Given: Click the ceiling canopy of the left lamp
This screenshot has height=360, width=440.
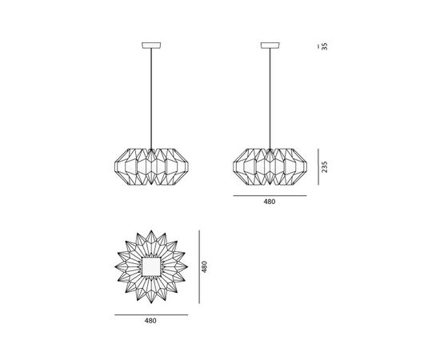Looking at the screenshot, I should (150, 44).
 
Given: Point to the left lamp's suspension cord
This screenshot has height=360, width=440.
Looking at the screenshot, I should (150, 96).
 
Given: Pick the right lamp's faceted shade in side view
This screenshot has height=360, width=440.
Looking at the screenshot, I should (269, 166).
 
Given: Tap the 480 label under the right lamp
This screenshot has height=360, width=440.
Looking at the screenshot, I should (269, 202).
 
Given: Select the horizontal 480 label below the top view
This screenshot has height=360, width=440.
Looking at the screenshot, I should (150, 321).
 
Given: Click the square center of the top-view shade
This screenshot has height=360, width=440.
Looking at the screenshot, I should (150, 265).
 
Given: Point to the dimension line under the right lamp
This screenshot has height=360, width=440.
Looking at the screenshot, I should (269, 194).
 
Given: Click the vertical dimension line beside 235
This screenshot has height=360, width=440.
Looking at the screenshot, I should (318, 166).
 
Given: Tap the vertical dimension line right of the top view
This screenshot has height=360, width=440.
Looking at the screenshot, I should (198, 265).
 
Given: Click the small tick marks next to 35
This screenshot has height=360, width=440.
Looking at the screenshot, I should (318, 46).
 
